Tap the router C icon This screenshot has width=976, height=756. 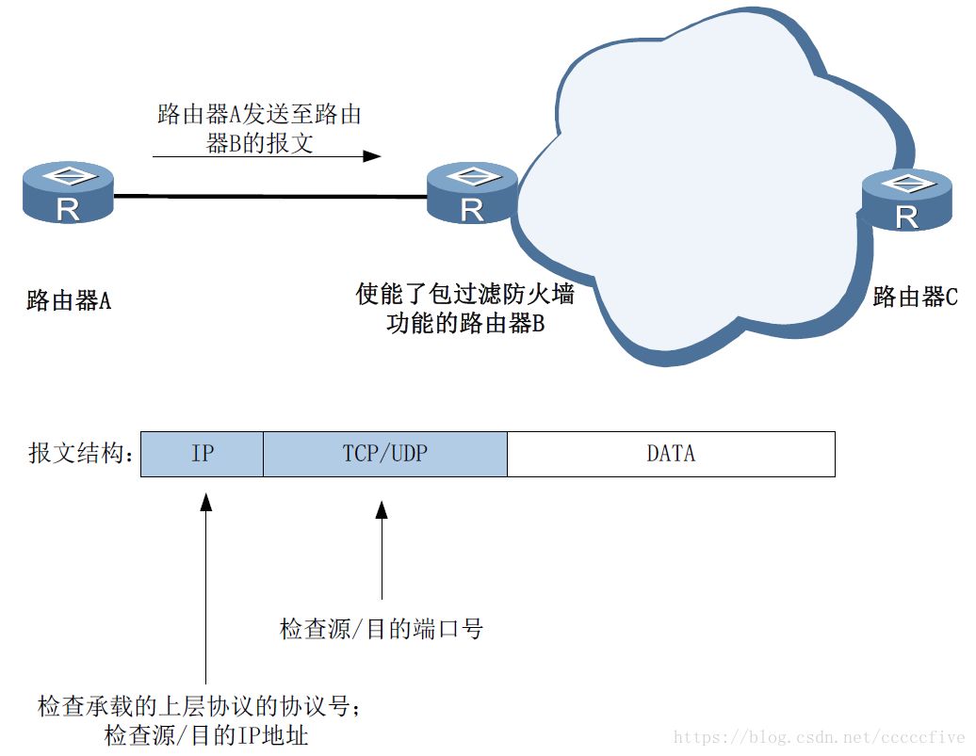pos(906,200)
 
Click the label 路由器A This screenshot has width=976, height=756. pos(69,301)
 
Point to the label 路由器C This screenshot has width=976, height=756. pos(915,298)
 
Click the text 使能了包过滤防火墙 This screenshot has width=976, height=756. pos(465,295)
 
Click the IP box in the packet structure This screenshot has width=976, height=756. pos(202,454)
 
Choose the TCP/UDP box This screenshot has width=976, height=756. pos(384,454)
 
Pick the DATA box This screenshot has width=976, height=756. pos(671,454)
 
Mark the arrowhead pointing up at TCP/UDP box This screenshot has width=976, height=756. pos(382,509)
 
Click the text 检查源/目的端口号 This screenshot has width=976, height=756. pos(382,630)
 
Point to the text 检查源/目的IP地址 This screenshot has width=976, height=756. pos(206,734)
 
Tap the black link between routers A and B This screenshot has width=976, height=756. pos(268,196)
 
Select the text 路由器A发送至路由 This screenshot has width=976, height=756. pos(260,115)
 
